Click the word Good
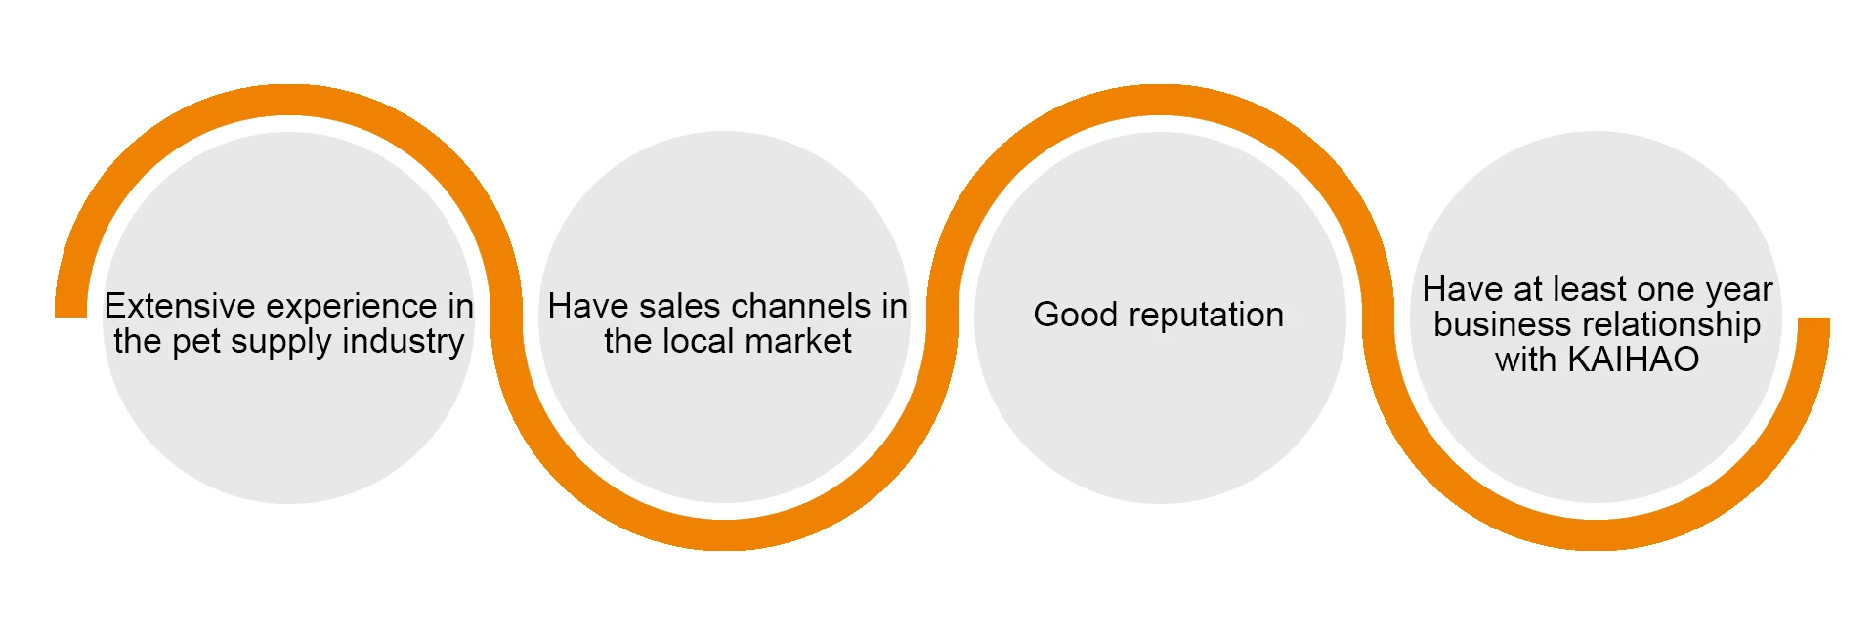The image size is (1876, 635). tap(1075, 315)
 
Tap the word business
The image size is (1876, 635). tap(1486, 324)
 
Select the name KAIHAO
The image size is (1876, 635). tap(1633, 360)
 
